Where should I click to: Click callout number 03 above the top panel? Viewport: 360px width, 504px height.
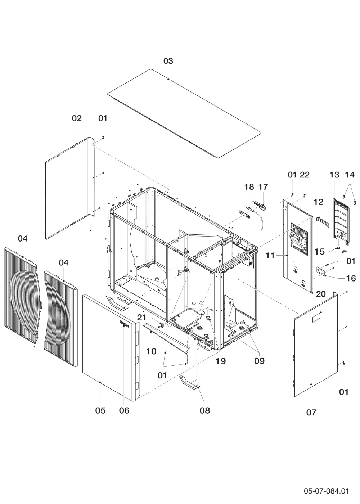[x=168, y=61]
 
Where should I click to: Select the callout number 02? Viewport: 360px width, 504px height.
[x=77, y=118]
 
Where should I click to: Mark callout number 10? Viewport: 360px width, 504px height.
[x=151, y=351]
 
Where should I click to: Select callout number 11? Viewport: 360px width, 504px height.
[x=270, y=256]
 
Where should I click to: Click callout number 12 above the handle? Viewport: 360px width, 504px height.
[x=318, y=202]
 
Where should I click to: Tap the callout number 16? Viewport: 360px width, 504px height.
[x=351, y=278]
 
